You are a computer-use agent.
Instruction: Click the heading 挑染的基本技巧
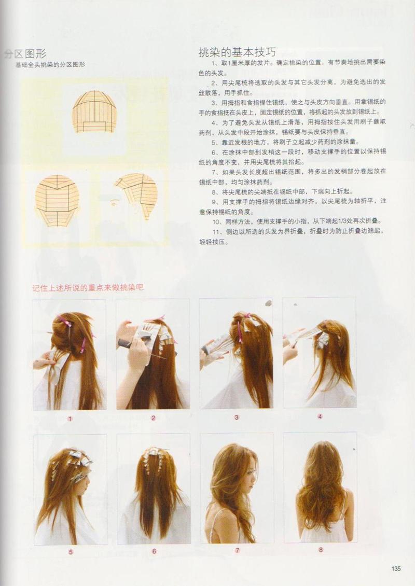click(x=237, y=52)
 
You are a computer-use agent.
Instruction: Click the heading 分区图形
click(x=25, y=54)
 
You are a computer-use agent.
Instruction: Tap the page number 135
click(x=396, y=568)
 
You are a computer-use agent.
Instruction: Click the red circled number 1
click(x=70, y=418)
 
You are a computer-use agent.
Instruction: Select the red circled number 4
click(x=320, y=416)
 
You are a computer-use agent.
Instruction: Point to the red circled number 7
click(x=238, y=551)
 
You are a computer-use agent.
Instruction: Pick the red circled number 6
click(x=154, y=551)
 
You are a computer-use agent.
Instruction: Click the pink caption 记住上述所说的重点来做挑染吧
click(x=88, y=288)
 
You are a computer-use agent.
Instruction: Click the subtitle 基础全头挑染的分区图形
click(x=50, y=65)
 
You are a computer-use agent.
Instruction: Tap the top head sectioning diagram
click(x=94, y=111)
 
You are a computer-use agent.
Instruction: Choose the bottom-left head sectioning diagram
click(x=57, y=201)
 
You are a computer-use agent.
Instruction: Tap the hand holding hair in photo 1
click(x=44, y=361)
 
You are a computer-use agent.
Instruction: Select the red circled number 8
click(x=321, y=550)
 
